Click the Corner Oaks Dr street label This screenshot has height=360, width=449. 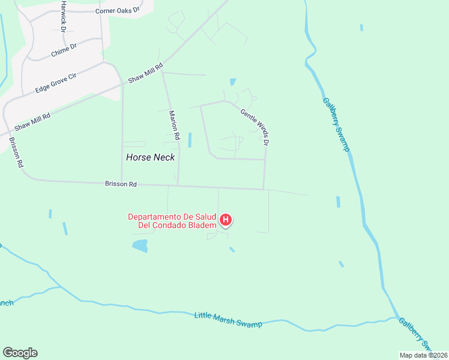(117, 10)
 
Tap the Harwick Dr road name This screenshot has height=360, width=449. (63, 25)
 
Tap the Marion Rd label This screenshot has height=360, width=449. (174, 125)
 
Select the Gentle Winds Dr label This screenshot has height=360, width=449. (255, 127)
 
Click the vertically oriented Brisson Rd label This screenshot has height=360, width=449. (16, 152)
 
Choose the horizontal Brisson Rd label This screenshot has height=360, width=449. (121, 184)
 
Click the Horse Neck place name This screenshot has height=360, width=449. (151, 157)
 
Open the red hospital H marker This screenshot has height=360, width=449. (226, 220)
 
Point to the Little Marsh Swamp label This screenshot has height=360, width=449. (228, 320)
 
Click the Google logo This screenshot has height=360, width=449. (20, 353)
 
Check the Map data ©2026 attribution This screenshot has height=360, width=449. (423, 355)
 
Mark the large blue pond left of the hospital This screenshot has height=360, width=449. (140, 245)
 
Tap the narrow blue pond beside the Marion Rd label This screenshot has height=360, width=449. (190, 140)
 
